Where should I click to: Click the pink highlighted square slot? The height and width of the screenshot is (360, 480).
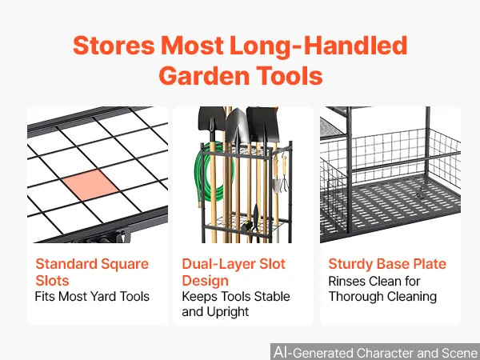[90, 185]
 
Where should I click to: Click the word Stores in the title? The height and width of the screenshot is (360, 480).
[114, 46]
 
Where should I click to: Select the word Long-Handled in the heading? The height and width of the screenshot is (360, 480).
[318, 46]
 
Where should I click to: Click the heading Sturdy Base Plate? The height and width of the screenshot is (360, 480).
[387, 264]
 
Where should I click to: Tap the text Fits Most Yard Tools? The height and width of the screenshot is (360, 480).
[92, 296]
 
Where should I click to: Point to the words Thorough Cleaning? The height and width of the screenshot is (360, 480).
[382, 296]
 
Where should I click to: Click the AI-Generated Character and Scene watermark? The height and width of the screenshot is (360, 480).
[375, 352]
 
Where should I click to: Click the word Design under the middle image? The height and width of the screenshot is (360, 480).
[205, 281]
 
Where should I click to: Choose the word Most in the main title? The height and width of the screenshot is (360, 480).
[192, 46]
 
